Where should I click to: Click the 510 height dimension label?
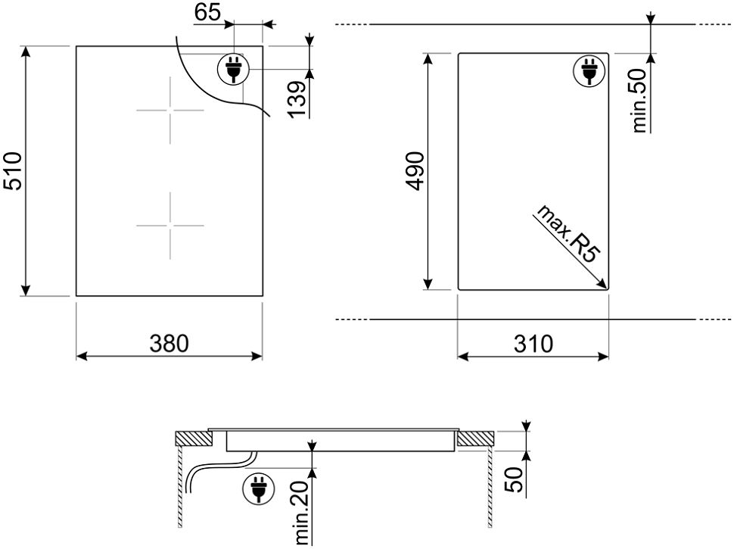pos(13,171)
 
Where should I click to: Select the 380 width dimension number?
pos(169,344)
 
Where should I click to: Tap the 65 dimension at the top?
pos(207,12)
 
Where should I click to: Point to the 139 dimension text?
pos(297,100)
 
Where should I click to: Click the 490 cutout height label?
pos(415,171)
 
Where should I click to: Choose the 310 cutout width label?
pos(533,344)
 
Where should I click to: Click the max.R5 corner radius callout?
pos(568,233)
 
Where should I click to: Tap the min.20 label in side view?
pos(303,513)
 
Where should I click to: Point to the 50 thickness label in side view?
pos(515,479)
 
